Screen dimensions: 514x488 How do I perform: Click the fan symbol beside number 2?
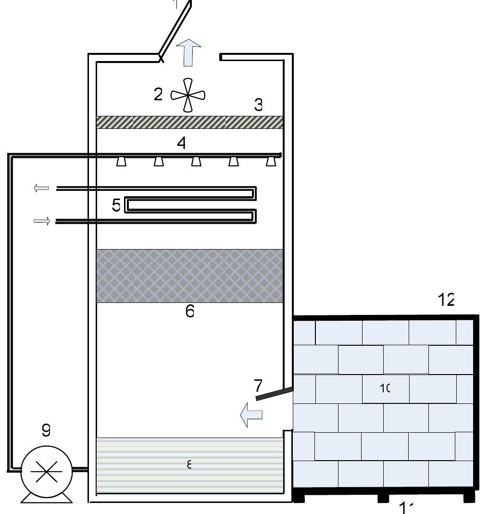coord(188,95)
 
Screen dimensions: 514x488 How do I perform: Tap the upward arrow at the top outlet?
coord(188,53)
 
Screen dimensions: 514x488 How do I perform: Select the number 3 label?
coord(259,104)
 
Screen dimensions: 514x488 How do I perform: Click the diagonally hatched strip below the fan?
coord(189,122)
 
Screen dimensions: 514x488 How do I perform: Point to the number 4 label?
coord(181,143)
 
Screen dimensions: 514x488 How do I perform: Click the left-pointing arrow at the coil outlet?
coord(41,188)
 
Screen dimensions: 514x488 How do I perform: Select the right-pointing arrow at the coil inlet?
coord(42,221)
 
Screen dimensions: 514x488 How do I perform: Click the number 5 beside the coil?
coord(116,205)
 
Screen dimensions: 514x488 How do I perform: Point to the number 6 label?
coord(190,311)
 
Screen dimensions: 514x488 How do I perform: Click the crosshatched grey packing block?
coord(189,276)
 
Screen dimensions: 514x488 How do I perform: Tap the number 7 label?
coord(258,385)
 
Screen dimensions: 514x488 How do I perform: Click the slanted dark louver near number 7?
coord(275,393)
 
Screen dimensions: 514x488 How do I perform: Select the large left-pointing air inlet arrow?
coord(251,414)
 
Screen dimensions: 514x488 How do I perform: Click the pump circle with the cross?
coord(46,472)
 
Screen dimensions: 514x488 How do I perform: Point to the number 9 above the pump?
coord(46,430)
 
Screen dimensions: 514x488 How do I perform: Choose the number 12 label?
coord(446,300)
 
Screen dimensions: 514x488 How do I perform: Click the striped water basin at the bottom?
coord(189,465)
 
